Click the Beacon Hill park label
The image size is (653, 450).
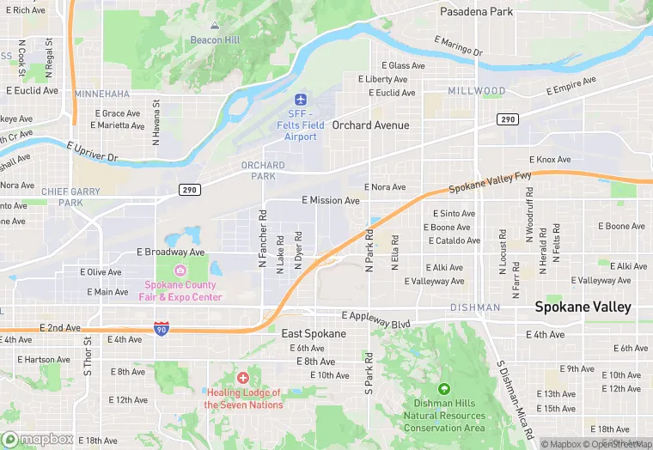(x=191, y=40)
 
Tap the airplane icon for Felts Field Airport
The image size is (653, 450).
(x=301, y=101)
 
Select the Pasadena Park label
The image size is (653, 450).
(x=476, y=12)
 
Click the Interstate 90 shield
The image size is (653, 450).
(x=161, y=328)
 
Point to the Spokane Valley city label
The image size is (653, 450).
(x=583, y=307)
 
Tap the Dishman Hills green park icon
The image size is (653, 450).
(x=444, y=390)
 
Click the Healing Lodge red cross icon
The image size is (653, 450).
(x=243, y=378)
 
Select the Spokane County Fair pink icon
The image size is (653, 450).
(x=180, y=271)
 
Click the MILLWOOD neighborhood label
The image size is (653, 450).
(x=477, y=91)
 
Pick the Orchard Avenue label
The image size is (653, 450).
(x=371, y=125)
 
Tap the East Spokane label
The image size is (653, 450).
(x=314, y=333)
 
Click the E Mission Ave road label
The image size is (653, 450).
(x=331, y=200)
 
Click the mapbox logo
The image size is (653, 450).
(x=39, y=439)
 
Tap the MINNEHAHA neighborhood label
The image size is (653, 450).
(x=102, y=94)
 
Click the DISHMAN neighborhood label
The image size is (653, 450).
(x=475, y=307)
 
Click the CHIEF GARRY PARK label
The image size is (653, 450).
(x=71, y=198)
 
